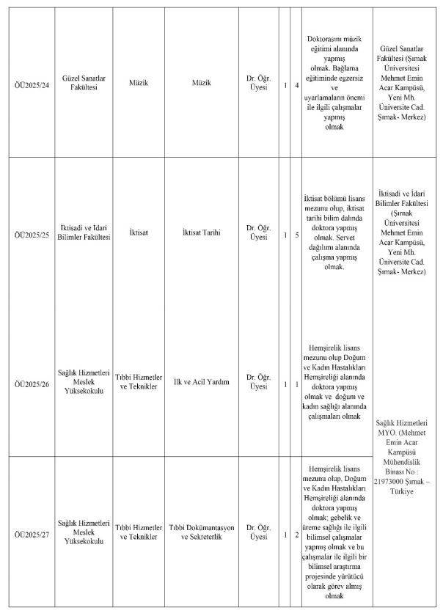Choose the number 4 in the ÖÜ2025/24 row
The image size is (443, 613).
(x=296, y=87)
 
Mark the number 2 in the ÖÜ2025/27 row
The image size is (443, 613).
(x=296, y=532)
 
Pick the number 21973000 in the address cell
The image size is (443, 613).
(x=391, y=481)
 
